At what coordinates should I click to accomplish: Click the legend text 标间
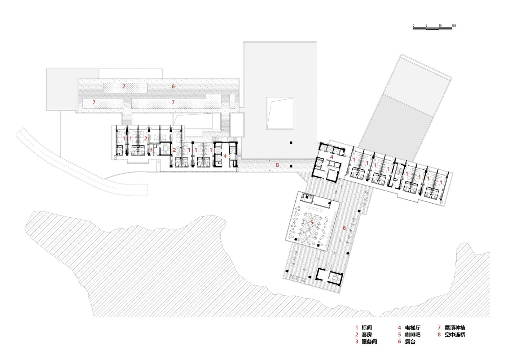click(x=366, y=328)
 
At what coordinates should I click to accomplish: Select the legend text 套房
click(x=366, y=335)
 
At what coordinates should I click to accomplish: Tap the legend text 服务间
click(x=369, y=342)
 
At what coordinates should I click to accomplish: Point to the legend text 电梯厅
click(x=413, y=328)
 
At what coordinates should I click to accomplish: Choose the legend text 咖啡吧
click(x=413, y=335)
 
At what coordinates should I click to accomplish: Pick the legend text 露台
click(x=410, y=342)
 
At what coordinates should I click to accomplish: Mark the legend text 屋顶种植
click(x=455, y=328)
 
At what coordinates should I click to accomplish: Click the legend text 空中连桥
click(x=455, y=335)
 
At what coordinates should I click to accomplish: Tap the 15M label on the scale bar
click(x=454, y=26)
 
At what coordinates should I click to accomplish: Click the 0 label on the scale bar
click(x=413, y=26)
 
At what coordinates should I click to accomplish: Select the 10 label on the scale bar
click(x=440, y=26)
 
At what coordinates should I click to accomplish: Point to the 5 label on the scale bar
click(x=427, y=26)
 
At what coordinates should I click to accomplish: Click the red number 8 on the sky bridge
click(x=277, y=165)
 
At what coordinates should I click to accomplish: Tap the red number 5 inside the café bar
click(x=312, y=223)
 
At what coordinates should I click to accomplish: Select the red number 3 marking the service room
click(x=151, y=150)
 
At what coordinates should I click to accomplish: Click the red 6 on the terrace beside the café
click(x=344, y=228)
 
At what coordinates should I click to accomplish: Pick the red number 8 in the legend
click(x=439, y=335)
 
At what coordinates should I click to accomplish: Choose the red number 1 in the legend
click(x=357, y=328)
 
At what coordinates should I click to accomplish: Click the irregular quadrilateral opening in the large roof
click(x=280, y=113)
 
